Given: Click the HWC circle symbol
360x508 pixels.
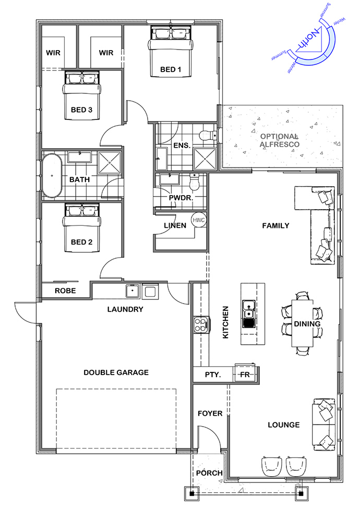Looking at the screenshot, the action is pyautogui.click(x=198, y=220).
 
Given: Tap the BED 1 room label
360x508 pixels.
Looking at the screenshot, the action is pyautogui.click(x=171, y=69).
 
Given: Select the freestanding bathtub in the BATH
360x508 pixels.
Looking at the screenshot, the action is pyautogui.click(x=52, y=175).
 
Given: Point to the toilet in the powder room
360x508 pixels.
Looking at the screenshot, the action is pyautogui.click(x=194, y=183).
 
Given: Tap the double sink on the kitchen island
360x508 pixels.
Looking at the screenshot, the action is pyautogui.click(x=248, y=314).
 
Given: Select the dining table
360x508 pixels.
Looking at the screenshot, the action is pyautogui.click(x=303, y=323).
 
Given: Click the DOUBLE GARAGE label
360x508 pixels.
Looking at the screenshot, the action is pyautogui.click(x=116, y=372).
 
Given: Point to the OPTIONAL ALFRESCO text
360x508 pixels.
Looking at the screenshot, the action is pyautogui.click(x=279, y=140).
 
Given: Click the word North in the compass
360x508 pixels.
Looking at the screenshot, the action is pyautogui.click(x=306, y=41).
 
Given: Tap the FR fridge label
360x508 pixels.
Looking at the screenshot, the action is pyautogui.click(x=245, y=374).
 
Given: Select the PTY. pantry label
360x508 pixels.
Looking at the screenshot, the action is pyautogui.click(x=213, y=375).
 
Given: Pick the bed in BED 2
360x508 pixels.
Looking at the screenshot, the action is pyautogui.click(x=82, y=228).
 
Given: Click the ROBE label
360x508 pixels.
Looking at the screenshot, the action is pyautogui.click(x=65, y=291).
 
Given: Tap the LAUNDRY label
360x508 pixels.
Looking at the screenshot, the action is pyautogui.click(x=125, y=309).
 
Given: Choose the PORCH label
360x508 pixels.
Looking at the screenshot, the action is pyautogui.click(x=209, y=473).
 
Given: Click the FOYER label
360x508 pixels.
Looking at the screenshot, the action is pyautogui.click(x=210, y=414).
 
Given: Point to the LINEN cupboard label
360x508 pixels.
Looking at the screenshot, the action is pyautogui.click(x=175, y=225).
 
